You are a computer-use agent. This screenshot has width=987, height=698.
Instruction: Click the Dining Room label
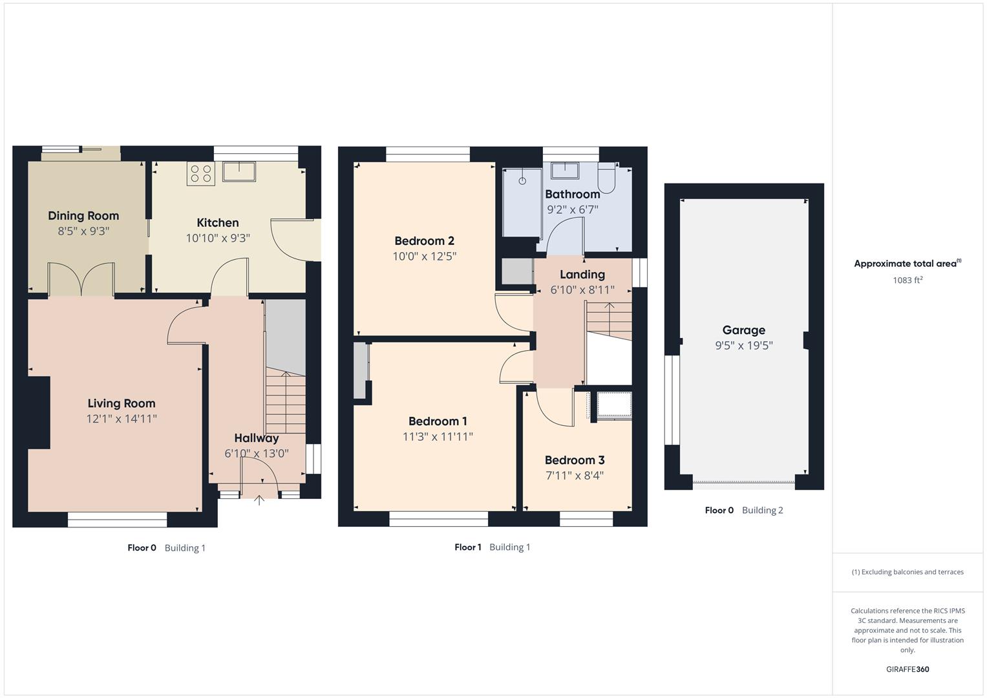(x=83, y=216)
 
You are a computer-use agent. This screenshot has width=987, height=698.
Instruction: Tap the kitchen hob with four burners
(x=200, y=173)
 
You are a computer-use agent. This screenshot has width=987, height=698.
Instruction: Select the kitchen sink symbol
(x=239, y=171)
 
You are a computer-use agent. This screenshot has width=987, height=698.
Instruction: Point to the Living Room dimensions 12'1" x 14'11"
(x=122, y=419)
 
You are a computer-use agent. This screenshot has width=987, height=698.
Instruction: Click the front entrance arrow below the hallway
(x=259, y=500)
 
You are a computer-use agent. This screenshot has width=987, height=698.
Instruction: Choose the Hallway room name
(x=257, y=438)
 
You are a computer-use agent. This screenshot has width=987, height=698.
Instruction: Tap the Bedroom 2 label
(x=424, y=241)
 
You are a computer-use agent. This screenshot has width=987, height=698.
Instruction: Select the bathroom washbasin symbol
(x=564, y=170)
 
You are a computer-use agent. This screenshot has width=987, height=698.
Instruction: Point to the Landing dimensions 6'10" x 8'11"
(x=582, y=290)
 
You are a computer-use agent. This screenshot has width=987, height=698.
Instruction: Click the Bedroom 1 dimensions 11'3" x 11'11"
(x=438, y=437)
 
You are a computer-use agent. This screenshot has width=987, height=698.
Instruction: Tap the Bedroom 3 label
(x=575, y=460)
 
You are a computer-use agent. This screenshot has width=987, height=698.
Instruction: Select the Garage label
(x=743, y=330)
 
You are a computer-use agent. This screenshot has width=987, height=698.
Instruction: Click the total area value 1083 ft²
(x=907, y=280)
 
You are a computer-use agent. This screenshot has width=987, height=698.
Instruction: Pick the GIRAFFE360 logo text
(x=907, y=670)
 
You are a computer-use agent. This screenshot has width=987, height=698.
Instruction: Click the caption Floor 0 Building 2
(x=744, y=511)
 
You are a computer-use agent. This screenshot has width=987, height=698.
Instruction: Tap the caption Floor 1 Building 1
(x=493, y=547)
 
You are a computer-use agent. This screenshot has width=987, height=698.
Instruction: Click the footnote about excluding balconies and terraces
(x=907, y=572)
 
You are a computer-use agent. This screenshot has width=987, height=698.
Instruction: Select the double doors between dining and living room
(x=82, y=279)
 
